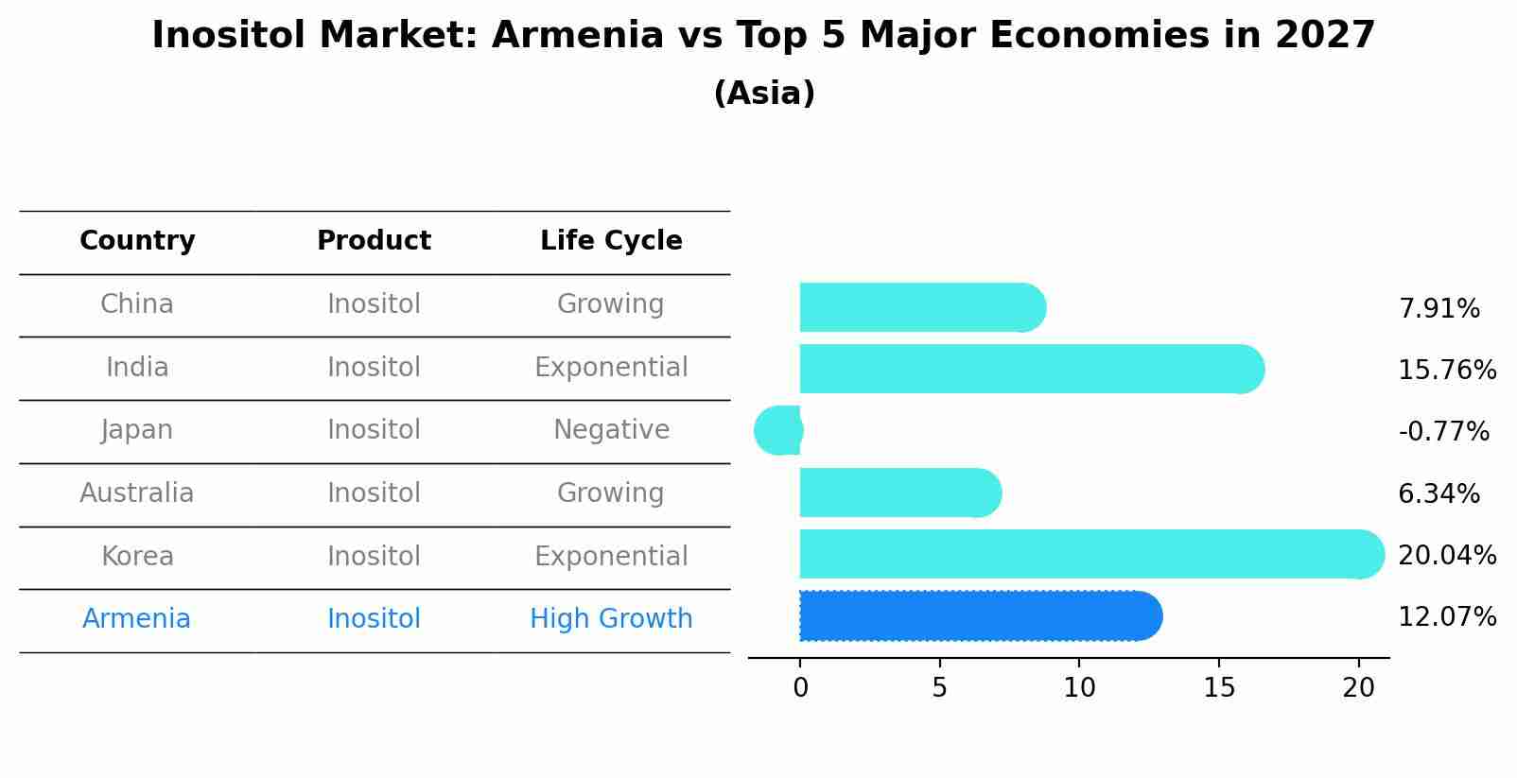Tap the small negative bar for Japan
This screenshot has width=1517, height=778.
(779, 430)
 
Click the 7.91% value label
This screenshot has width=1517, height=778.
(1439, 309)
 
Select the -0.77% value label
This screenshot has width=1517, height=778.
(1443, 432)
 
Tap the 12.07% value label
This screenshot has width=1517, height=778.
(1447, 617)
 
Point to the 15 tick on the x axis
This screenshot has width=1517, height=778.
(1219, 688)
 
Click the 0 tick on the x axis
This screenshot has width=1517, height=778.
(800, 688)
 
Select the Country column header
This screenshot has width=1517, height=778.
(137, 241)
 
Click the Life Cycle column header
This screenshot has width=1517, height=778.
(611, 241)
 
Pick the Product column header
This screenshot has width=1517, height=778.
(374, 241)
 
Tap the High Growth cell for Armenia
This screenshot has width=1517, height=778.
(611, 619)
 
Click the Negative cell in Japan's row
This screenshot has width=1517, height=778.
(611, 430)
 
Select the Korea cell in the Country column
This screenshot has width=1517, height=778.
(137, 557)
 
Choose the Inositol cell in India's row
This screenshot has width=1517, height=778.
(374, 368)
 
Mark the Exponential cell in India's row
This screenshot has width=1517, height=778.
(611, 368)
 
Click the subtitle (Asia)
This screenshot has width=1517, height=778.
(764, 94)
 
